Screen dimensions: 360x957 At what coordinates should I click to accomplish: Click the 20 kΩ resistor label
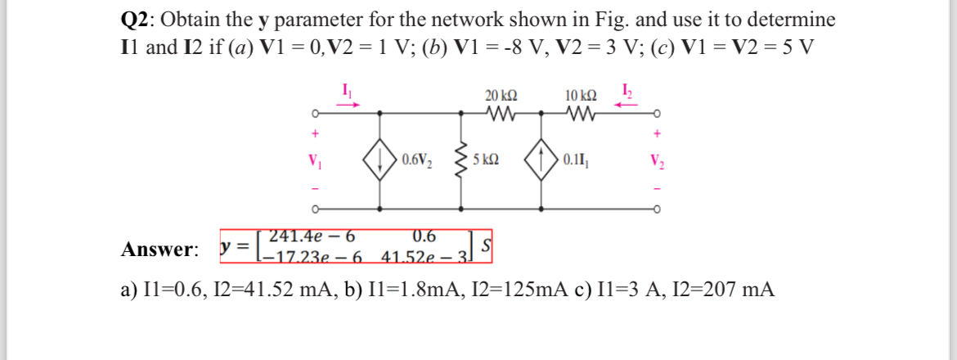tap(500, 95)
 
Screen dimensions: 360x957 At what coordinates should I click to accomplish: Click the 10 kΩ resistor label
tap(580, 95)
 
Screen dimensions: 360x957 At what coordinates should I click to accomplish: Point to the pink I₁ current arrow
tap(349, 105)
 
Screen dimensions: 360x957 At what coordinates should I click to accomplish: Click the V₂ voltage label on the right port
tap(658, 160)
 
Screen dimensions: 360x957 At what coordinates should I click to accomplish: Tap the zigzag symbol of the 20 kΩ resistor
tap(499, 112)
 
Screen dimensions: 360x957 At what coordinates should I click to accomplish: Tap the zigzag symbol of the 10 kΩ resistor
tap(580, 112)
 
